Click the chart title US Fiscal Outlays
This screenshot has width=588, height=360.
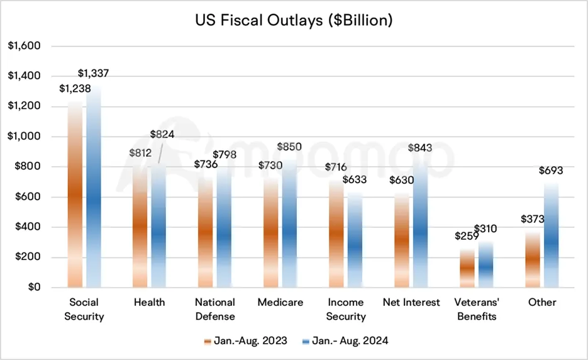(294, 20)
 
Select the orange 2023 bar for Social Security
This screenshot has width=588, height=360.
(75, 195)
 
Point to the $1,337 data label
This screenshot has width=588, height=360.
(97, 74)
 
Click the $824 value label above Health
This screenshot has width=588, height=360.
(162, 134)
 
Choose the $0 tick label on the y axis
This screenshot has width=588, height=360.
(33, 288)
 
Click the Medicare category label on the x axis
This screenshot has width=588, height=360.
(280, 302)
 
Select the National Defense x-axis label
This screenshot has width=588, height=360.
(215, 309)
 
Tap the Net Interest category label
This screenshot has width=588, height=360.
(411, 302)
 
